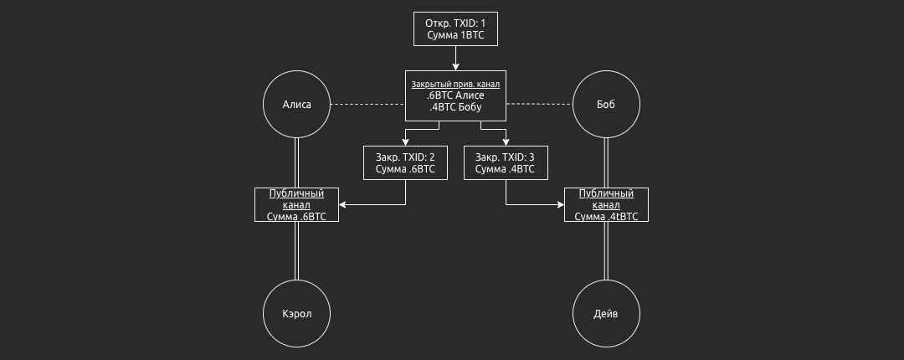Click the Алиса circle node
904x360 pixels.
coord(297,105)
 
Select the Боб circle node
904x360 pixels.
coord(606,105)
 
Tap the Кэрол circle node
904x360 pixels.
coord(297,314)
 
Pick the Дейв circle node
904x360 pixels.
coord(606,314)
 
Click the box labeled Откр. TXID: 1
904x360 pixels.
coord(455,29)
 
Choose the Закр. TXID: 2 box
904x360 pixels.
coord(405,162)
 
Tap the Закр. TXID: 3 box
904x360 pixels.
coord(506,162)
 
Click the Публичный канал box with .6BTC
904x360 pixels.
coord(297,204)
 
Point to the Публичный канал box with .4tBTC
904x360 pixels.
coord(606,204)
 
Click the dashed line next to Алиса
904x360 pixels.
coord(368,105)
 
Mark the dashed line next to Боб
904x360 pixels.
coord(539,105)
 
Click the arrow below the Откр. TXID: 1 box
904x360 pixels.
coord(455,59)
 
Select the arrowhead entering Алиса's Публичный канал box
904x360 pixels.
coord(343,204)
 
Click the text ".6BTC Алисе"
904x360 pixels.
coord(455,96)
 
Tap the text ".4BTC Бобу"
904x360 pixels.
coord(455,108)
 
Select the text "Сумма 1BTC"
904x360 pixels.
coord(455,36)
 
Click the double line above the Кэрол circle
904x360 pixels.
coord(297,251)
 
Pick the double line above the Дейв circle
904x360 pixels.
coord(606,251)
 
